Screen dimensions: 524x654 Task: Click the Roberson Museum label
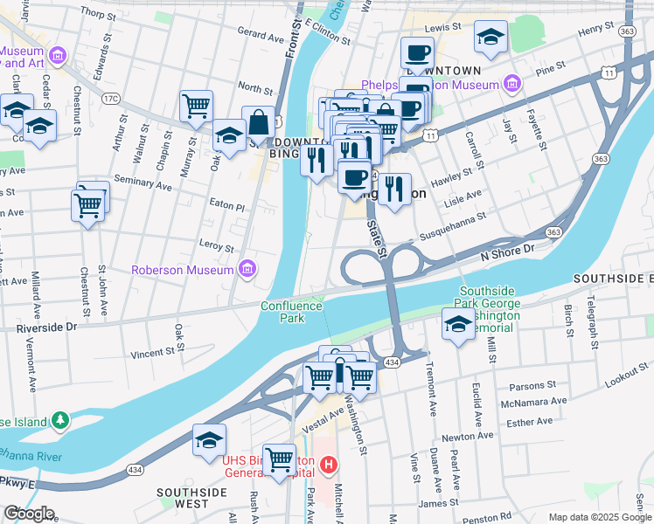pyautogui.click(x=182, y=270)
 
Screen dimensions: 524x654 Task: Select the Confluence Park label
pyautogui.click(x=291, y=312)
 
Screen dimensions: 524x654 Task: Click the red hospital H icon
pyautogui.click(x=329, y=465)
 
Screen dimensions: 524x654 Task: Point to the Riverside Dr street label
pyautogui.click(x=46, y=327)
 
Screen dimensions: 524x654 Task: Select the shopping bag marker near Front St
pyautogui.click(x=259, y=124)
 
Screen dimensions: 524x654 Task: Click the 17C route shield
pyautogui.click(x=110, y=99)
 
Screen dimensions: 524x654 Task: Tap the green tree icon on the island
pyautogui.click(x=59, y=421)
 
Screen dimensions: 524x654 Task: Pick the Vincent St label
pyautogui.click(x=153, y=354)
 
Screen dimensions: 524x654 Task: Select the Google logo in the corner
pyautogui.click(x=29, y=514)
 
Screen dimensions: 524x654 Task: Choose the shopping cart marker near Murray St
pyautogui.click(x=196, y=107)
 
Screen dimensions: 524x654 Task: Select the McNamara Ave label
pyautogui.click(x=532, y=403)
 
